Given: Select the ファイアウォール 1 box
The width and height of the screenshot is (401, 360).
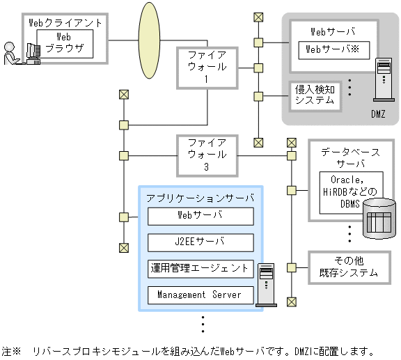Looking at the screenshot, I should click(207, 68).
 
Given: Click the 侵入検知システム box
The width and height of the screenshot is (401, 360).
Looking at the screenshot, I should click(314, 95).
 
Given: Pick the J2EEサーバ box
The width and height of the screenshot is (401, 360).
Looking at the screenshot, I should click(200, 242).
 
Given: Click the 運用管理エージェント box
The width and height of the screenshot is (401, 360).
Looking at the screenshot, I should click(200, 268).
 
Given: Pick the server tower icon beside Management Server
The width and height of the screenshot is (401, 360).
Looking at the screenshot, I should click(265, 283).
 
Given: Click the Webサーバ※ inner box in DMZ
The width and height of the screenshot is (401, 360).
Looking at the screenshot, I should click(331, 49).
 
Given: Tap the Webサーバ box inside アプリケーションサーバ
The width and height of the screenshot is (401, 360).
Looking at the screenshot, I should click(200, 216).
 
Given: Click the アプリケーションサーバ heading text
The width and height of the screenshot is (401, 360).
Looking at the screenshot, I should click(200, 198).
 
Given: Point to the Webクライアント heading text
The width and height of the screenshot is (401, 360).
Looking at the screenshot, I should click(65, 22).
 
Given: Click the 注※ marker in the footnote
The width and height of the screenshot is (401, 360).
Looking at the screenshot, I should click(13, 351).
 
